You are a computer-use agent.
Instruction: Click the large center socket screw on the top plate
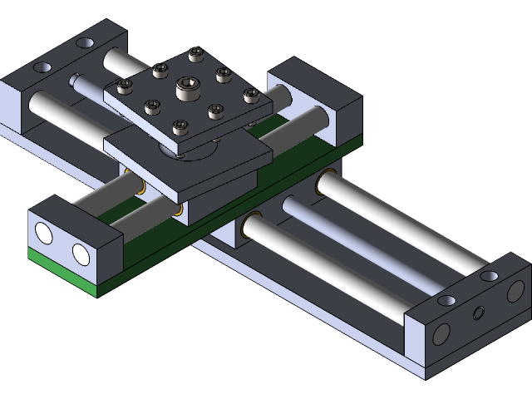click(x=185, y=87)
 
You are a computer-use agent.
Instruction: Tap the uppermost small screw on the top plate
click(x=195, y=55)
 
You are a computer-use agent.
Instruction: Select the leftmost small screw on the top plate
click(x=126, y=86)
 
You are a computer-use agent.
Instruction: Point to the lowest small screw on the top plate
click(x=179, y=127)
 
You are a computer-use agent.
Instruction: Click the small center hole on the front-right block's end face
click(x=478, y=313)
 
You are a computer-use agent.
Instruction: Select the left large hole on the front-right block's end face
click(x=441, y=333)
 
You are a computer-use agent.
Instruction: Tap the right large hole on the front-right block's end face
click(x=515, y=291)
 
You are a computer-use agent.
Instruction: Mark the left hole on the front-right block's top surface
click(x=446, y=300)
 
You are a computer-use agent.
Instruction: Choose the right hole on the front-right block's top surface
click(x=490, y=274)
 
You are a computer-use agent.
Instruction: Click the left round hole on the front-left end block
click(x=44, y=235)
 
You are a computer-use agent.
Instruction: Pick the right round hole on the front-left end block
click(x=81, y=253)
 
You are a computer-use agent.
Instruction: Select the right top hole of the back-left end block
click(x=85, y=42)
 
